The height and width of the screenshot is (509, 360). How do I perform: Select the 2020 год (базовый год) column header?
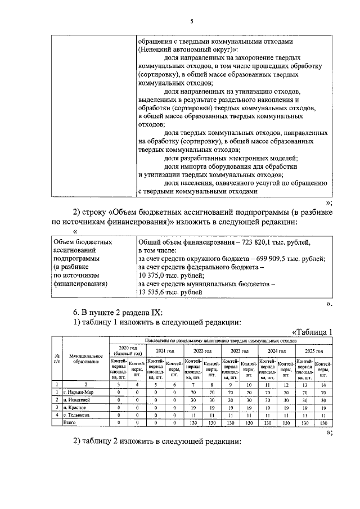[127, 351]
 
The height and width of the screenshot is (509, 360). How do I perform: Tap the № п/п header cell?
[57, 359]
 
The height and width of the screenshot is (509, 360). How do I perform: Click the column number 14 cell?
[323, 384]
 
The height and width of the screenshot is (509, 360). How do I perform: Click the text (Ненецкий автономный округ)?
[182, 49]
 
